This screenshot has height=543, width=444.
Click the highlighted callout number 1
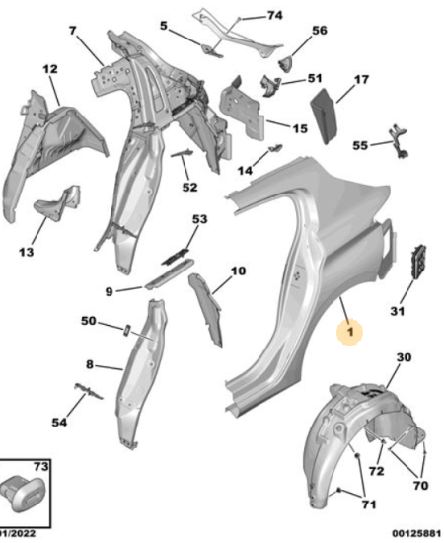350,332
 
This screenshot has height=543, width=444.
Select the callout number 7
72,31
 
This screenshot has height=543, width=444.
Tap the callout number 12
50,69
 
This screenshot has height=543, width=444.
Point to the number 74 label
274,15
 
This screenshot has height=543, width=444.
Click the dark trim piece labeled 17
325,116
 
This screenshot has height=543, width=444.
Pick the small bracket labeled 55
400,141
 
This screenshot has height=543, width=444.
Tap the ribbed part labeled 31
418,261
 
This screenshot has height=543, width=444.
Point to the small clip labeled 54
89,391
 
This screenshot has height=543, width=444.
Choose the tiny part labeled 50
126,330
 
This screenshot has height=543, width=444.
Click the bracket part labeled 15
243,111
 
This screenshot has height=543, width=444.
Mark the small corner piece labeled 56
286,64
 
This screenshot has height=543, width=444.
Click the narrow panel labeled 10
206,308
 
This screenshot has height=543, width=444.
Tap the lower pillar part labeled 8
141,374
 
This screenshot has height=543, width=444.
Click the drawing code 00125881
415,533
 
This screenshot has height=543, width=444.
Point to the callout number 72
376,471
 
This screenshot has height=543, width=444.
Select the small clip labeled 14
275,148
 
